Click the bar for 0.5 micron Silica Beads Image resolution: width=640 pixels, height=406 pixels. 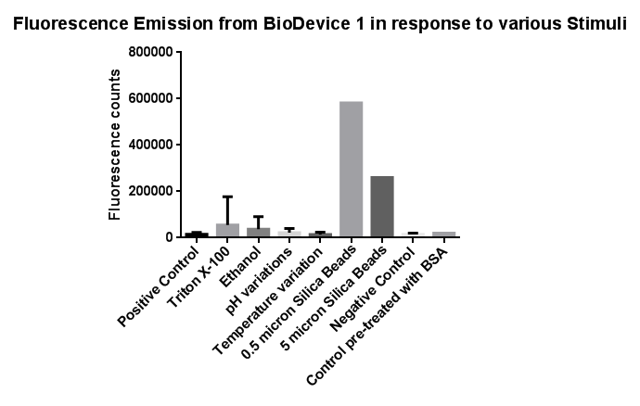pyautogui.click(x=351, y=169)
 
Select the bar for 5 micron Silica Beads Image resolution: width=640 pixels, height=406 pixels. pyautogui.click(x=382, y=207)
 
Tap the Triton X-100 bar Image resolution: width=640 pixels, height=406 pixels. pyautogui.click(x=227, y=230)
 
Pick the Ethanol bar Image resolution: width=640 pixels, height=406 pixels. pyautogui.click(x=259, y=232)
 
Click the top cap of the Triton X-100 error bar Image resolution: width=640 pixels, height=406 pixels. pyautogui.click(x=227, y=197)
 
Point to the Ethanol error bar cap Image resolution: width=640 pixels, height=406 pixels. pyautogui.click(x=259, y=217)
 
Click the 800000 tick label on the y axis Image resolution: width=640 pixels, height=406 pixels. pyautogui.click(x=150, y=52)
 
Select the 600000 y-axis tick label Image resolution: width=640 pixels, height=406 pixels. pyautogui.click(x=150, y=98)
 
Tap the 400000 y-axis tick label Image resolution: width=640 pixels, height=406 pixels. pyautogui.click(x=150, y=145)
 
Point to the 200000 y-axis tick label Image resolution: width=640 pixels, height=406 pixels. pyautogui.click(x=150, y=191)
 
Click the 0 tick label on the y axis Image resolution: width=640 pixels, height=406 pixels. pyautogui.click(x=170, y=237)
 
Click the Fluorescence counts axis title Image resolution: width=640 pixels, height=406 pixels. pyautogui.click(x=115, y=145)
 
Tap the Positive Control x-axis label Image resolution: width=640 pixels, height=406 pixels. pyautogui.click(x=159, y=287)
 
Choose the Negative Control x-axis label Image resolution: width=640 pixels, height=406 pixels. pyautogui.click(x=373, y=289)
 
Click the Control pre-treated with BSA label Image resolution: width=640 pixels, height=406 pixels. pyautogui.click(x=378, y=317)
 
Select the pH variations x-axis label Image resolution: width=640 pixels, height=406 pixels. pyautogui.click(x=259, y=282)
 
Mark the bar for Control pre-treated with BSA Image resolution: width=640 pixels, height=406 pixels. pyautogui.click(x=444, y=235)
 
